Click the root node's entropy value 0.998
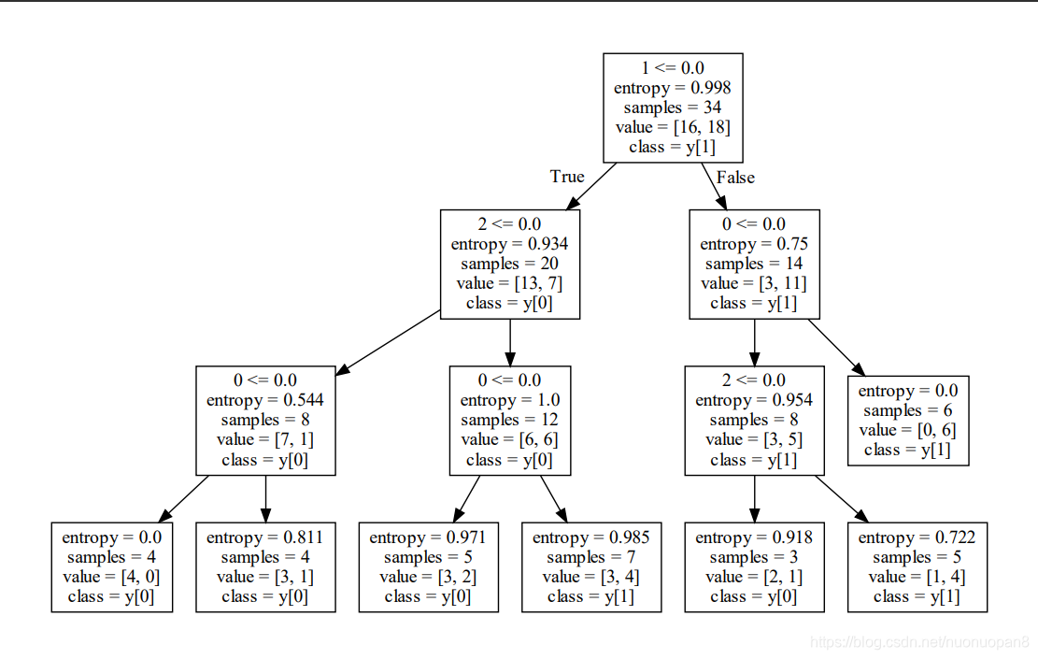[710, 88]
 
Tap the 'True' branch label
[567, 177]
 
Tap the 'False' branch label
[735, 178]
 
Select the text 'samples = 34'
[673, 107]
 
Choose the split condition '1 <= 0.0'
[673, 68]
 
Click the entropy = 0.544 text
[264, 400]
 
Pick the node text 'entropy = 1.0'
[510, 400]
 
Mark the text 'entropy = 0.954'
[754, 400]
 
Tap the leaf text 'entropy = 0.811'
[264, 537]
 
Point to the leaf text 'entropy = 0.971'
[428, 537]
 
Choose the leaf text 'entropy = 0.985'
[591, 537]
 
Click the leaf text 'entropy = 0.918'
[754, 537]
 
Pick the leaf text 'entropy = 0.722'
[917, 537]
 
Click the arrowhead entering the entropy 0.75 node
[721, 203]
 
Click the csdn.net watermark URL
[920, 642]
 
